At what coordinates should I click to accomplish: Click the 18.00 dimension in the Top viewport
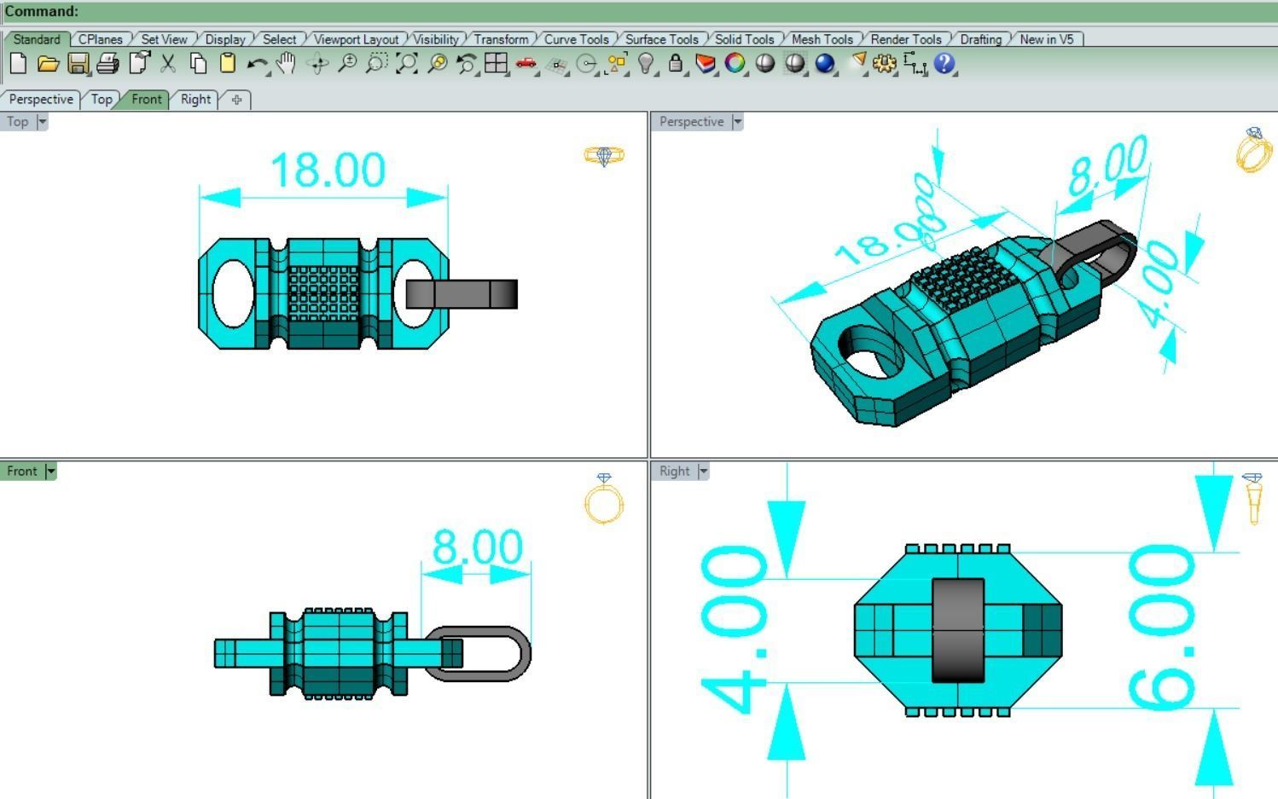pos(328,171)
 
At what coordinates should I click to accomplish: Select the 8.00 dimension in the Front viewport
pos(477,547)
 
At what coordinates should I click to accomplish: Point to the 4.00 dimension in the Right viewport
pos(734,629)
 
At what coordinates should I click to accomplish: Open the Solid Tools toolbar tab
pos(743,39)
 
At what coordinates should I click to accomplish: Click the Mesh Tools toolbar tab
pos(822,39)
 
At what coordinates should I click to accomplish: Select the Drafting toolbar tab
pos(980,39)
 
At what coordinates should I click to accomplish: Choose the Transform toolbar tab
pos(501,39)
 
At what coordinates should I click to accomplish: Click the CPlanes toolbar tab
pos(100,39)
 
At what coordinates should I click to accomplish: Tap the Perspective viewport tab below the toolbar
pos(41,99)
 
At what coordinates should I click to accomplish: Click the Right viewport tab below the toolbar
pos(195,99)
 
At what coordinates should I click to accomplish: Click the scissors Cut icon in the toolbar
pos(168,64)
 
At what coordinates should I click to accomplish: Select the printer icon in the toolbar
pos(107,64)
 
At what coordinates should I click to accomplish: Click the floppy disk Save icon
pos(78,64)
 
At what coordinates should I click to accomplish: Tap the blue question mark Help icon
pos(944,64)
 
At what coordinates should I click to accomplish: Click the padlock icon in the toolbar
pos(675,64)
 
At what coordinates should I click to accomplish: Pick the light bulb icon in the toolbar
pos(646,64)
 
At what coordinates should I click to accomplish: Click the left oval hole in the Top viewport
pos(232,294)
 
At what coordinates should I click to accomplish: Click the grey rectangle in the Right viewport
pos(957,630)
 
